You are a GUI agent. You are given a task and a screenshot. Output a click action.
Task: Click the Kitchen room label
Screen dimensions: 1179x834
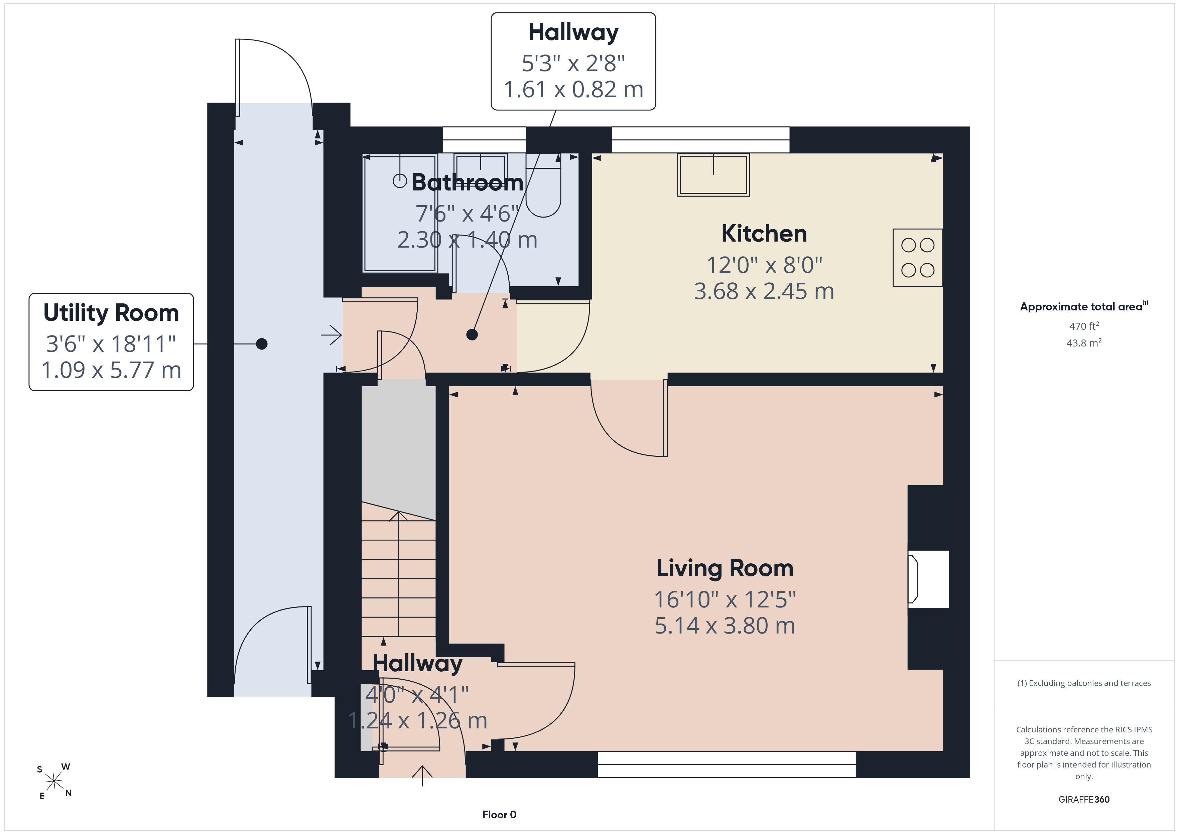[764, 234]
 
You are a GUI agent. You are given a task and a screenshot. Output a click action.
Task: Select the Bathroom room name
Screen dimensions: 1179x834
[467, 182]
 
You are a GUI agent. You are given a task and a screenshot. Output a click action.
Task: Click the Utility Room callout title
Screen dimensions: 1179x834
[111, 313]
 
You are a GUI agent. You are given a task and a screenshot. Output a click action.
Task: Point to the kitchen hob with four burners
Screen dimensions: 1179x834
[918, 257]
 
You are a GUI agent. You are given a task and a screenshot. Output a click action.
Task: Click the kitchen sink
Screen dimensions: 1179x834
[713, 175]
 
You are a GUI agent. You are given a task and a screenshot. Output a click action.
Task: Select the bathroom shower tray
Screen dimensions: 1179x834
[400, 213]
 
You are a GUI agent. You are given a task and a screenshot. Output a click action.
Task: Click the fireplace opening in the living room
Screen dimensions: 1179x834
[928, 579]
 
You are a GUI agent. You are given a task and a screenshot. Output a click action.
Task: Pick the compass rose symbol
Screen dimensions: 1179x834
[54, 781]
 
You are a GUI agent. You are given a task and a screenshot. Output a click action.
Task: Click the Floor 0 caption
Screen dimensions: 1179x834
[499, 815]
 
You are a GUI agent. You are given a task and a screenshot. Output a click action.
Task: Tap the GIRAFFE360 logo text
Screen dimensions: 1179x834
[1084, 799]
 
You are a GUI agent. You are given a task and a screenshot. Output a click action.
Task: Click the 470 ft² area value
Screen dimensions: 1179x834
[1084, 326]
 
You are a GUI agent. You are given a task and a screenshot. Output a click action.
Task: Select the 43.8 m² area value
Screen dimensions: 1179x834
[1084, 342]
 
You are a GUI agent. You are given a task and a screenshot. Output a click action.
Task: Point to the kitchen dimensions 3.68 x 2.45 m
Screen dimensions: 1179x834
[764, 291]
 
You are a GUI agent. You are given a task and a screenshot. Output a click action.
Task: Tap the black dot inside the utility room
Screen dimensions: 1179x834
[262, 343]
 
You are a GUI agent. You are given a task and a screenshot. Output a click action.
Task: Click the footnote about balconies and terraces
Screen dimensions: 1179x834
[1084, 683]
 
